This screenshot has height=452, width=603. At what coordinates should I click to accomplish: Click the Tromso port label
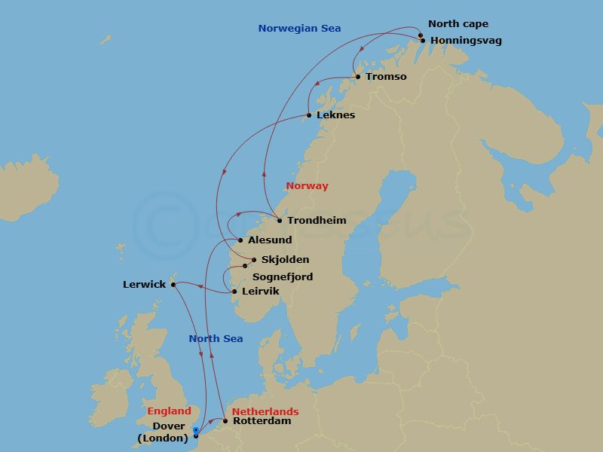pos(386,77)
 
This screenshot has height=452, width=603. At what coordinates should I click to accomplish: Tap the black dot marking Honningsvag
pos(423,41)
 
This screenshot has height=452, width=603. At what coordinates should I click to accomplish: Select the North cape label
pos(458,24)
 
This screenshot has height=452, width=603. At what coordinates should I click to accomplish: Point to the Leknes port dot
pos(309,115)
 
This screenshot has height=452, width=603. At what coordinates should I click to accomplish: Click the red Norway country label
pos(307,186)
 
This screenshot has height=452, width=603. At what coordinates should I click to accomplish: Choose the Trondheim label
pos(317,221)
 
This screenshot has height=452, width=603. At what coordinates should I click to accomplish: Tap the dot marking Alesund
pos(240,240)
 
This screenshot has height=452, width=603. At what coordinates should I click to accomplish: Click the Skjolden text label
pos(285,260)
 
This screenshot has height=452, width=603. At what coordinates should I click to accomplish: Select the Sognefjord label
pos(283,277)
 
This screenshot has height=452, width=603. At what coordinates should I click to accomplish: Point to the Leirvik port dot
pos(234,292)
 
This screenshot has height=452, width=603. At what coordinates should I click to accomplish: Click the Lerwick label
pos(144,285)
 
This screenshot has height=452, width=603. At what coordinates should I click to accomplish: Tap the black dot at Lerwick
pos(173,284)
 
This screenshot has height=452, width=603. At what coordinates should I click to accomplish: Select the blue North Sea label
pos(216,339)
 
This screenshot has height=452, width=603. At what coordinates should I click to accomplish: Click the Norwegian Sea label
pos(299,29)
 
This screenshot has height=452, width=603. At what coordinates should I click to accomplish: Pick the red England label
pos(169,411)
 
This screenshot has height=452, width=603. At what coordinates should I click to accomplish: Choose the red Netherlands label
pos(265,412)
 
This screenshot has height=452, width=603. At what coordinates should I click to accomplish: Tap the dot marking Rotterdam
pos(225,421)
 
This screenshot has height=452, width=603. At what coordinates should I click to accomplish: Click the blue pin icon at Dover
pos(195,430)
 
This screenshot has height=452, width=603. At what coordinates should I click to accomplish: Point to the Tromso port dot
pos(358,77)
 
